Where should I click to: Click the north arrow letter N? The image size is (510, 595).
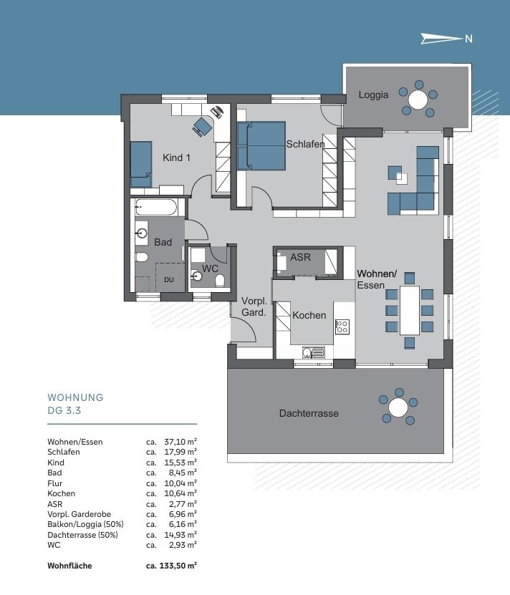[x=468, y=39]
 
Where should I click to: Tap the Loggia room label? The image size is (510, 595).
[x=373, y=95]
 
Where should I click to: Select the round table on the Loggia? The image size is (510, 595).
[x=418, y=100]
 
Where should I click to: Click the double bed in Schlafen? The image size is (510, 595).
[x=261, y=146]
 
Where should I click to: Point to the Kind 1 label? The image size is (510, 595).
[x=177, y=158]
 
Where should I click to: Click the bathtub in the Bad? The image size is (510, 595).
[x=155, y=208]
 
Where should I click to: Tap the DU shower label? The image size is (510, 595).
[x=169, y=280]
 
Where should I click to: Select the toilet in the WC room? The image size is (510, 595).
[x=220, y=281]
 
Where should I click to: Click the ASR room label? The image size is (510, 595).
[x=300, y=257]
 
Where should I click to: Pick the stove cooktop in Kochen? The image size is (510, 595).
[x=342, y=326]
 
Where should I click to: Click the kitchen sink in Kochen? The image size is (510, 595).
[x=314, y=352]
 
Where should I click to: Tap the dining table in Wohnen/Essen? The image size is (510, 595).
[x=410, y=311]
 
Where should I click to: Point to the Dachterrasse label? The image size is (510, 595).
[x=309, y=413]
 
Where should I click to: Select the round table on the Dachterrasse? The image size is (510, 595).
[x=398, y=407]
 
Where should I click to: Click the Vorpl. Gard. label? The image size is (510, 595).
[x=254, y=306]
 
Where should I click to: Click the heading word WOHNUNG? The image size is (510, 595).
[x=76, y=397]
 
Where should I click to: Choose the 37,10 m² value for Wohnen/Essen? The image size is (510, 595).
[x=180, y=442]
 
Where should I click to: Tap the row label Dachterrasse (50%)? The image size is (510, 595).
[x=83, y=535]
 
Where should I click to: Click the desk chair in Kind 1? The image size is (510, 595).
[x=202, y=126]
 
